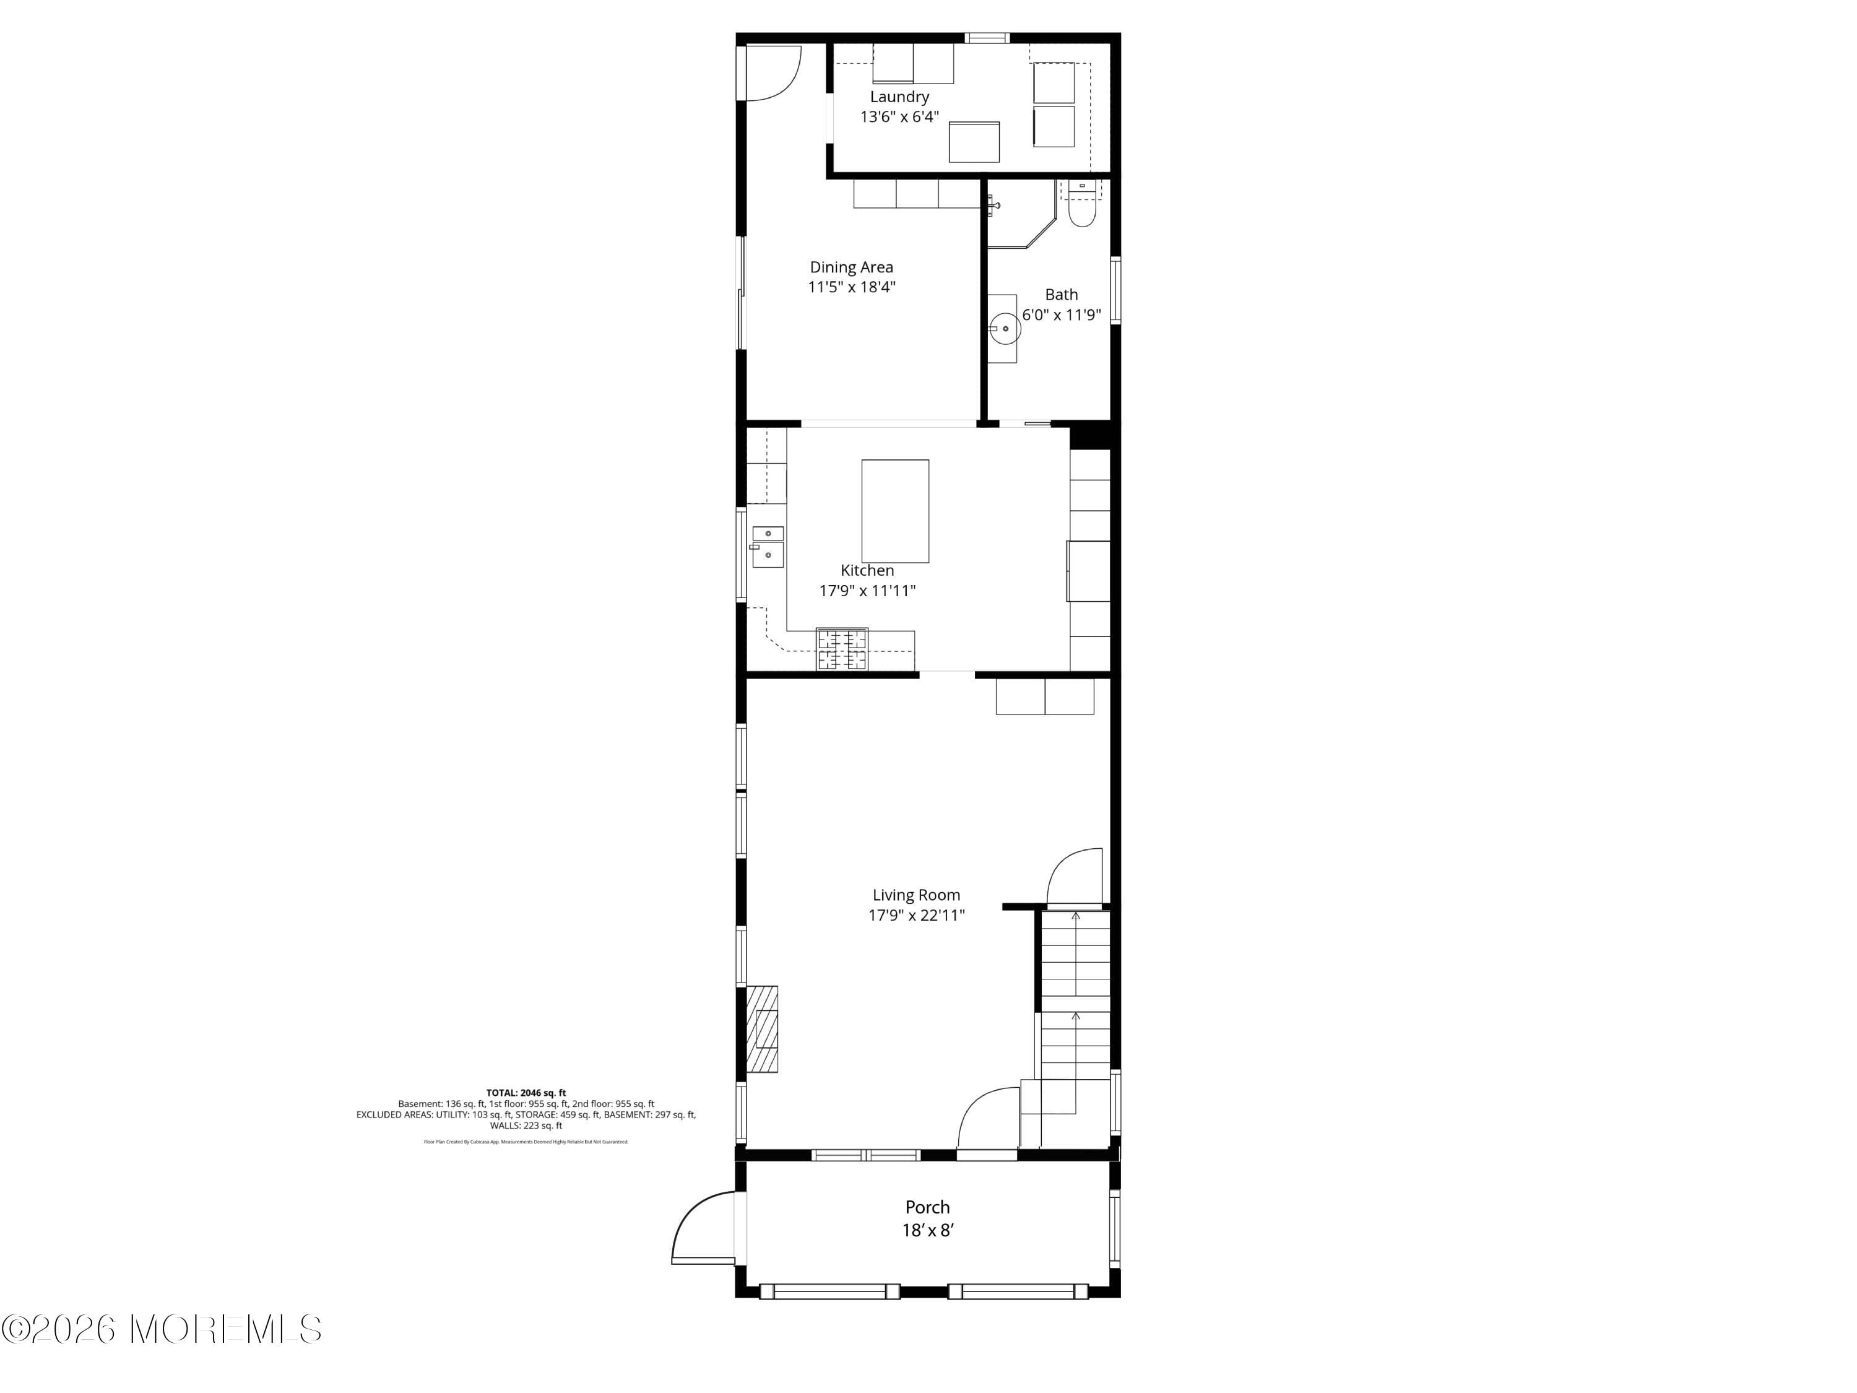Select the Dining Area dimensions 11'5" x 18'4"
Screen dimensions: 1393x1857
[851, 287]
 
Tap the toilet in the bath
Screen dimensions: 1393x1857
[1081, 208]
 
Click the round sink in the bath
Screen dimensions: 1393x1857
[1005, 328]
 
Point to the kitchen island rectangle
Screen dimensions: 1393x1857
[895, 511]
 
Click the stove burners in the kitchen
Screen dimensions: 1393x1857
[842, 649]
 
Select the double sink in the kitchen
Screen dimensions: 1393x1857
[768, 546]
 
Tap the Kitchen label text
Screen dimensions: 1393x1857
[867, 571]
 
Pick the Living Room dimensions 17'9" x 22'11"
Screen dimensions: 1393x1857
[916, 915]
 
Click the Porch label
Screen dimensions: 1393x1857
[927, 1207]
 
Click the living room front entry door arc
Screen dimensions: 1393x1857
[987, 1117]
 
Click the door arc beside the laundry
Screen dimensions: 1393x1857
[773, 73]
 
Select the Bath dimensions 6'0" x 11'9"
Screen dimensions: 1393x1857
[1061, 316]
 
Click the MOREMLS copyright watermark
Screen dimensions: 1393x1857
[161, 1329]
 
